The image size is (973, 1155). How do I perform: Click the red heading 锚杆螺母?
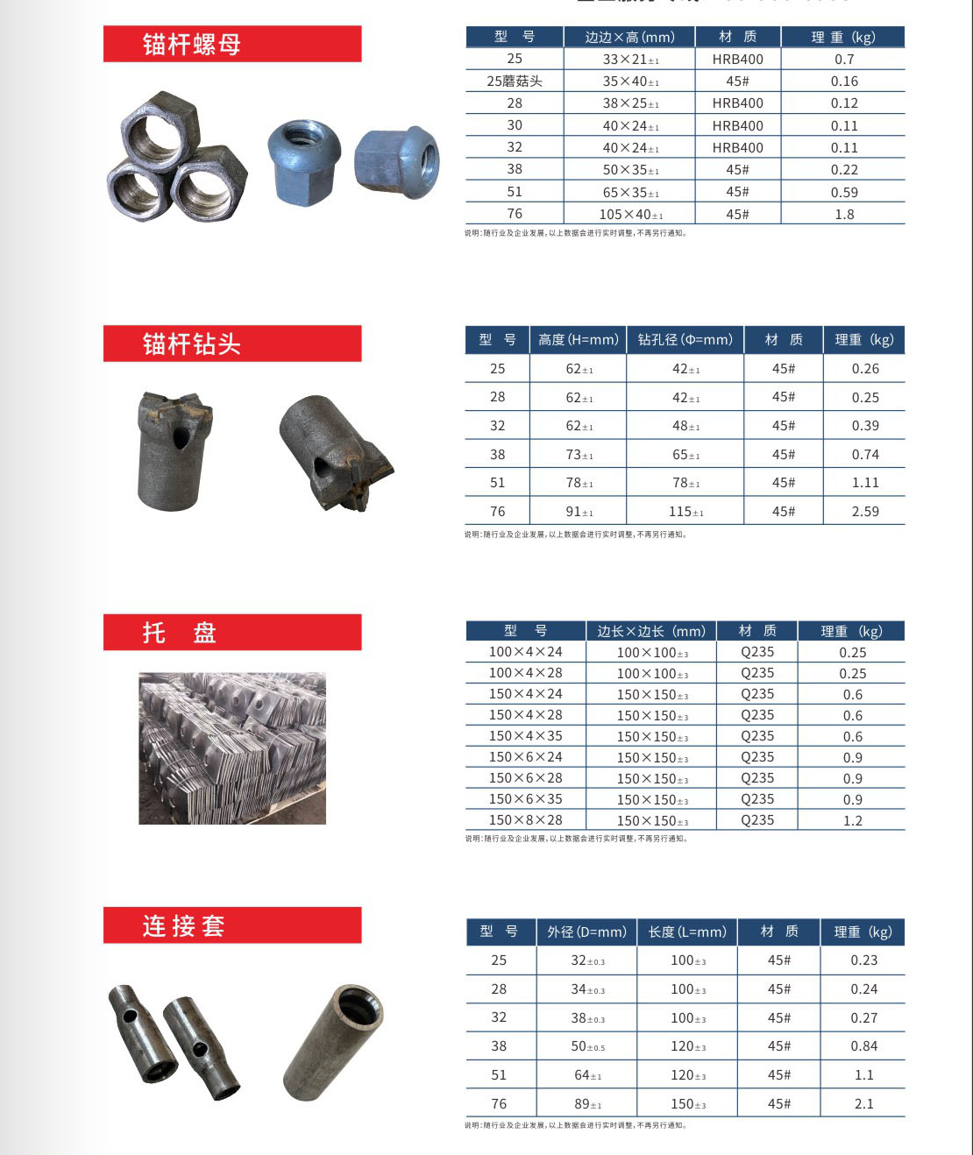pyautogui.click(x=192, y=44)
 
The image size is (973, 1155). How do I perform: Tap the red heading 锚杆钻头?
pyautogui.click(x=192, y=344)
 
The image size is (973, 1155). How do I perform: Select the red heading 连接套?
pyautogui.click(x=184, y=925)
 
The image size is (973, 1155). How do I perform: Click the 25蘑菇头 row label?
pyautogui.click(x=515, y=81)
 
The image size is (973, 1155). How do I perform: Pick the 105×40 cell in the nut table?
pyautogui.click(x=630, y=215)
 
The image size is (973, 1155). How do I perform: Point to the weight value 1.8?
pyautogui.click(x=844, y=215)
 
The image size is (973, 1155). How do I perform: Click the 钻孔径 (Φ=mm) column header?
pyautogui.click(x=685, y=340)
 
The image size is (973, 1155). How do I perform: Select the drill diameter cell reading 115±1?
pyautogui.click(x=685, y=512)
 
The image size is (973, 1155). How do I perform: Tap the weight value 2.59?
pyautogui.click(x=865, y=512)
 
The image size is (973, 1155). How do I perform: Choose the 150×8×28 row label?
pyautogui.click(x=525, y=820)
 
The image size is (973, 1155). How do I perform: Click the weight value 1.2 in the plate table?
pyautogui.click(x=853, y=821)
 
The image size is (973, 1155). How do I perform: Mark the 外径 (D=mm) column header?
pyautogui.click(x=586, y=932)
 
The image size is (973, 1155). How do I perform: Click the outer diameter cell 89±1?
pyautogui.click(x=587, y=1104)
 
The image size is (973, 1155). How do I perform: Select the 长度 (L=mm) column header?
pyautogui.click(x=687, y=932)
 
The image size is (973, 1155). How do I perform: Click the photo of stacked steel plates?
pyautogui.click(x=232, y=748)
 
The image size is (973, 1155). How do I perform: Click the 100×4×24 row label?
pyautogui.click(x=525, y=652)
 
